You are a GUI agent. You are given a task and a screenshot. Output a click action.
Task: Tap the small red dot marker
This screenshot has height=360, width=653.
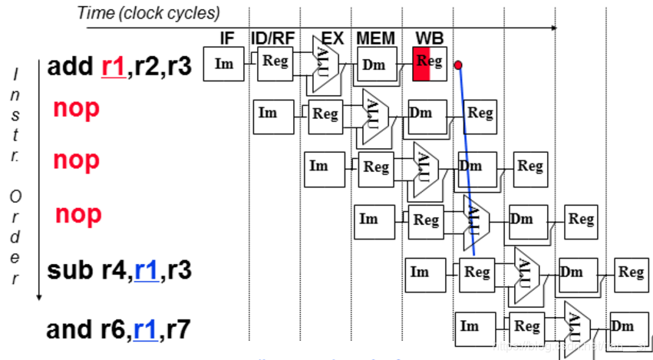(x=458, y=65)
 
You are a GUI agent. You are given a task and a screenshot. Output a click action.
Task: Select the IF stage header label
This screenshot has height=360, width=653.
(x=227, y=38)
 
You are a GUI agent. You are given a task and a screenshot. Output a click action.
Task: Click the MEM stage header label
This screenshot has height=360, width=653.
(x=374, y=38)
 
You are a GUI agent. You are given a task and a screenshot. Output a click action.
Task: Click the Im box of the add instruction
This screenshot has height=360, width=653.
(x=223, y=64)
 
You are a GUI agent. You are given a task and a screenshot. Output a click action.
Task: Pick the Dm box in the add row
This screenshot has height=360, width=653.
(x=375, y=64)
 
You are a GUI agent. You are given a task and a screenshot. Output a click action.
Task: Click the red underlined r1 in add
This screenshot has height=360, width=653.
(x=112, y=67)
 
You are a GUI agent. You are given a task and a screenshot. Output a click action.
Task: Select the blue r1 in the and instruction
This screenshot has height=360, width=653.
(x=146, y=329)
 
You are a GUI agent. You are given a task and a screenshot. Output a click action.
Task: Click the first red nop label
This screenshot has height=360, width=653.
(x=76, y=108)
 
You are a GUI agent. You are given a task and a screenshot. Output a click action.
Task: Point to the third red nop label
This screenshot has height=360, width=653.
(x=78, y=213)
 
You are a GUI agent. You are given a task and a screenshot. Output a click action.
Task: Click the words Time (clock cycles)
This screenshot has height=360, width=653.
(x=148, y=13)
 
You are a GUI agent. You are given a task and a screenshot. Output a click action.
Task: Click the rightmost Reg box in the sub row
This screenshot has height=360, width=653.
(x=631, y=272)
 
